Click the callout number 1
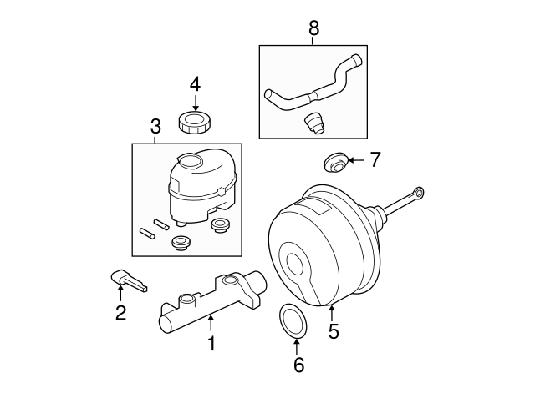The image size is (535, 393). [211, 343]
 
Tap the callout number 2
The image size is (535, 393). [120, 313]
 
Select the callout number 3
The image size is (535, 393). [155, 127]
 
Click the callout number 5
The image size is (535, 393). [334, 332]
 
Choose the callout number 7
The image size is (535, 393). [374, 159]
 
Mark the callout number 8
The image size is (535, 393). [313, 28]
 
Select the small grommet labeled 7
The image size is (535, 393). [334, 162]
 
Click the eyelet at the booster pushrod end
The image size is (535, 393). [418, 194]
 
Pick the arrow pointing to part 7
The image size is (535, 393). [354, 159]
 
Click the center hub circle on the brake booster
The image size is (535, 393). [295, 265]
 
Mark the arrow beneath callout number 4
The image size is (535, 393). [195, 102]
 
